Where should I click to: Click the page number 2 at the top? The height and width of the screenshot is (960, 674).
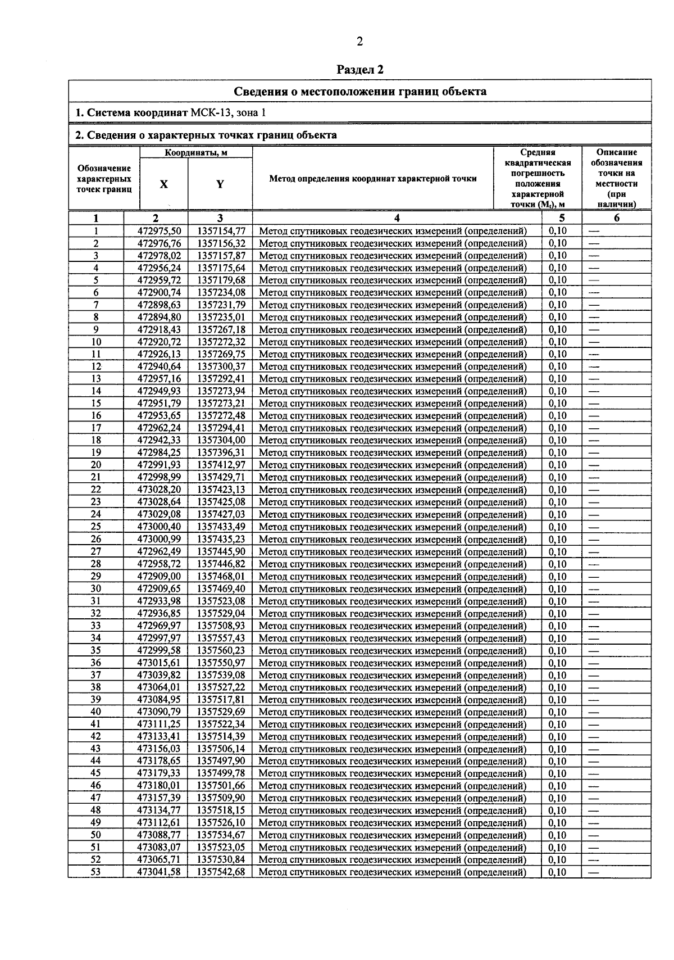(359, 41)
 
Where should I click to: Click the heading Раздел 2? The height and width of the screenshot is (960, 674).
(359, 70)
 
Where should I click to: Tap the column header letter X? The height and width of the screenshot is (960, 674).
(163, 184)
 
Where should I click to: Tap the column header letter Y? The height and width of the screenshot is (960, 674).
(220, 184)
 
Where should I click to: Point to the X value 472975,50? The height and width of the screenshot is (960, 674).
(160, 231)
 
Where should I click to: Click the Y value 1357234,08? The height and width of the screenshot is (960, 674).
(221, 292)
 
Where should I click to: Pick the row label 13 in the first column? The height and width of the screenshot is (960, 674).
(96, 379)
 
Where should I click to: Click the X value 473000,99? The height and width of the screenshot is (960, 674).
(160, 539)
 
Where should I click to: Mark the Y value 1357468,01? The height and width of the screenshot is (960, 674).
(221, 576)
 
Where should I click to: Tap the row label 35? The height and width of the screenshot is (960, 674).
(96, 650)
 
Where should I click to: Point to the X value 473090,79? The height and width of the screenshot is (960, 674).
(160, 712)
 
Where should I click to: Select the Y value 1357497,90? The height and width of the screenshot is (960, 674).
(221, 761)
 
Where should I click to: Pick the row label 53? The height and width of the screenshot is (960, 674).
(96, 872)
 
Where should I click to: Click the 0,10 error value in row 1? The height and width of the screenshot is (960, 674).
(558, 231)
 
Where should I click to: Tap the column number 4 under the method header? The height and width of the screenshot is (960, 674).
(397, 219)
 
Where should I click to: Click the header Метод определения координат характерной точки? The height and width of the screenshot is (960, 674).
(373, 179)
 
